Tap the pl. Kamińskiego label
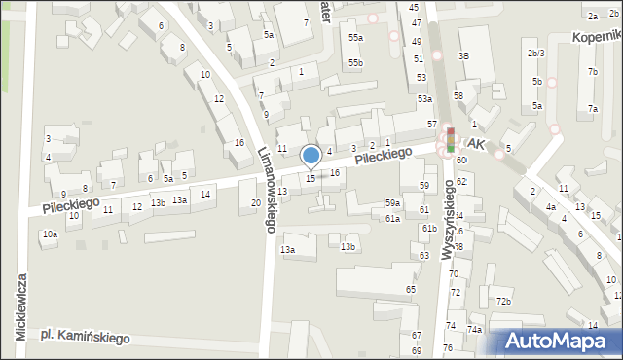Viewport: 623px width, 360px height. (x=86, y=337)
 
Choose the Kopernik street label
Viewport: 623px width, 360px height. (x=598, y=35)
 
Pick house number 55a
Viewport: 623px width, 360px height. (x=356, y=38)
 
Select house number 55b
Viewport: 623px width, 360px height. (x=356, y=63)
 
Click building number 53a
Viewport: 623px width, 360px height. (x=424, y=99)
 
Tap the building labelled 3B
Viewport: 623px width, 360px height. (x=464, y=56)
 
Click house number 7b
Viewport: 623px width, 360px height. (x=592, y=72)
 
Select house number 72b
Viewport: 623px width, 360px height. (x=502, y=302)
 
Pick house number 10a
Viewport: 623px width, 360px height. (x=50, y=234)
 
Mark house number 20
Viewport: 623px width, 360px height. (x=256, y=202)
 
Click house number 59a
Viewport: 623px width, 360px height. (x=392, y=202)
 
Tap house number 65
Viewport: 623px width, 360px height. (x=411, y=290)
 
